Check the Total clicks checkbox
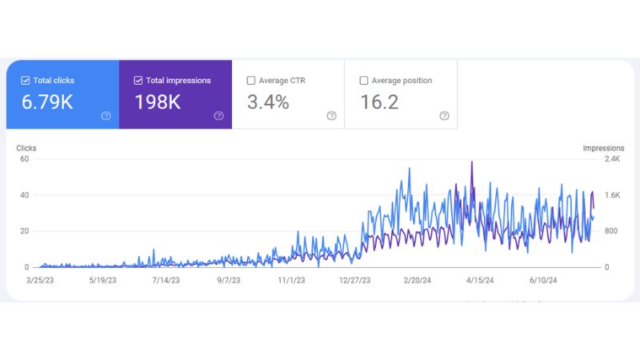pyautogui.click(x=26, y=81)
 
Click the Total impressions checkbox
pyautogui.click(x=138, y=81)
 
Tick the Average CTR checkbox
pyautogui.click(x=251, y=81)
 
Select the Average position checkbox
pyautogui.click(x=364, y=81)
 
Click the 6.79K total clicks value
pyautogui.click(x=47, y=102)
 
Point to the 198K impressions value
pyautogui.click(x=158, y=102)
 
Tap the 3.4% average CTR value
pyautogui.click(x=268, y=102)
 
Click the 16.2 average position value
pyautogui.click(x=379, y=102)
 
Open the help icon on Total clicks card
pyautogui.click(x=106, y=116)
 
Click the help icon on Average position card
pyautogui.click(x=445, y=116)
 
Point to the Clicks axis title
pyautogui.click(x=26, y=148)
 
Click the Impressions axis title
pyautogui.click(x=603, y=148)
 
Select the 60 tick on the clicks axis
pyautogui.click(x=25, y=158)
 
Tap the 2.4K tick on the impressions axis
pyautogui.click(x=612, y=158)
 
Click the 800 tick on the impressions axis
pyautogui.click(x=611, y=231)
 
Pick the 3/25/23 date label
pyautogui.click(x=40, y=281)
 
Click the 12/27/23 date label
pyautogui.click(x=354, y=281)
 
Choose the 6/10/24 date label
pyautogui.click(x=543, y=281)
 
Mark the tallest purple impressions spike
pyautogui.click(x=472, y=162)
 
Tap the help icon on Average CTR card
pyautogui.click(x=331, y=116)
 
